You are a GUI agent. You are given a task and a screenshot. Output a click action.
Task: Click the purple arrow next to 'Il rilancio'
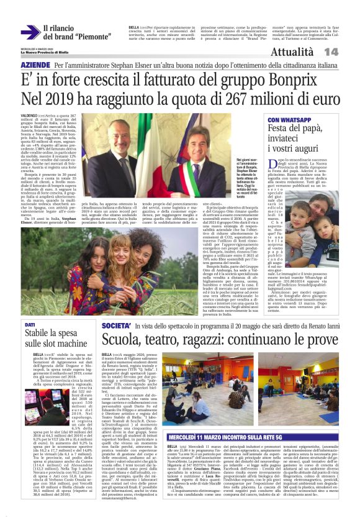(x=29, y=32)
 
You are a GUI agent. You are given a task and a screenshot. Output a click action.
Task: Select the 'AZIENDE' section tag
(x=35, y=65)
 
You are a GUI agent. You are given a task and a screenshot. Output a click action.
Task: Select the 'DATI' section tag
(x=30, y=325)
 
